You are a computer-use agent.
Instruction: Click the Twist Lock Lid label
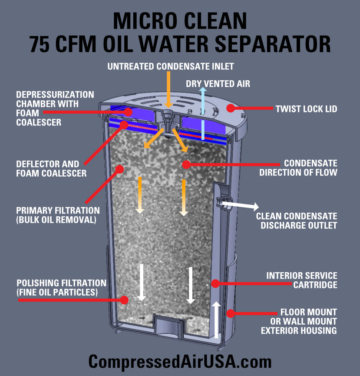(x=306, y=109)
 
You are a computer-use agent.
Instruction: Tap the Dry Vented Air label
(x=218, y=83)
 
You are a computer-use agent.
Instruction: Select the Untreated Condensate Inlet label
(x=171, y=66)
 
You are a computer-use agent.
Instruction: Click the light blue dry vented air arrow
(x=202, y=112)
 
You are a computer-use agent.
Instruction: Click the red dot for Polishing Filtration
(x=124, y=300)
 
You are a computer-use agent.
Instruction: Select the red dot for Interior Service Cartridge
(x=214, y=284)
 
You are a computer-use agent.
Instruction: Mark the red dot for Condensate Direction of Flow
(x=186, y=165)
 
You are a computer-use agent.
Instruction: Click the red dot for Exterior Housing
(x=231, y=313)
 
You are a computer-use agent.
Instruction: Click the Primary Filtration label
(x=58, y=215)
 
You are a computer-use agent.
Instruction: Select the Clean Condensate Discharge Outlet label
(x=296, y=221)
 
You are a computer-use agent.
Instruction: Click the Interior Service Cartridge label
(x=301, y=280)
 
